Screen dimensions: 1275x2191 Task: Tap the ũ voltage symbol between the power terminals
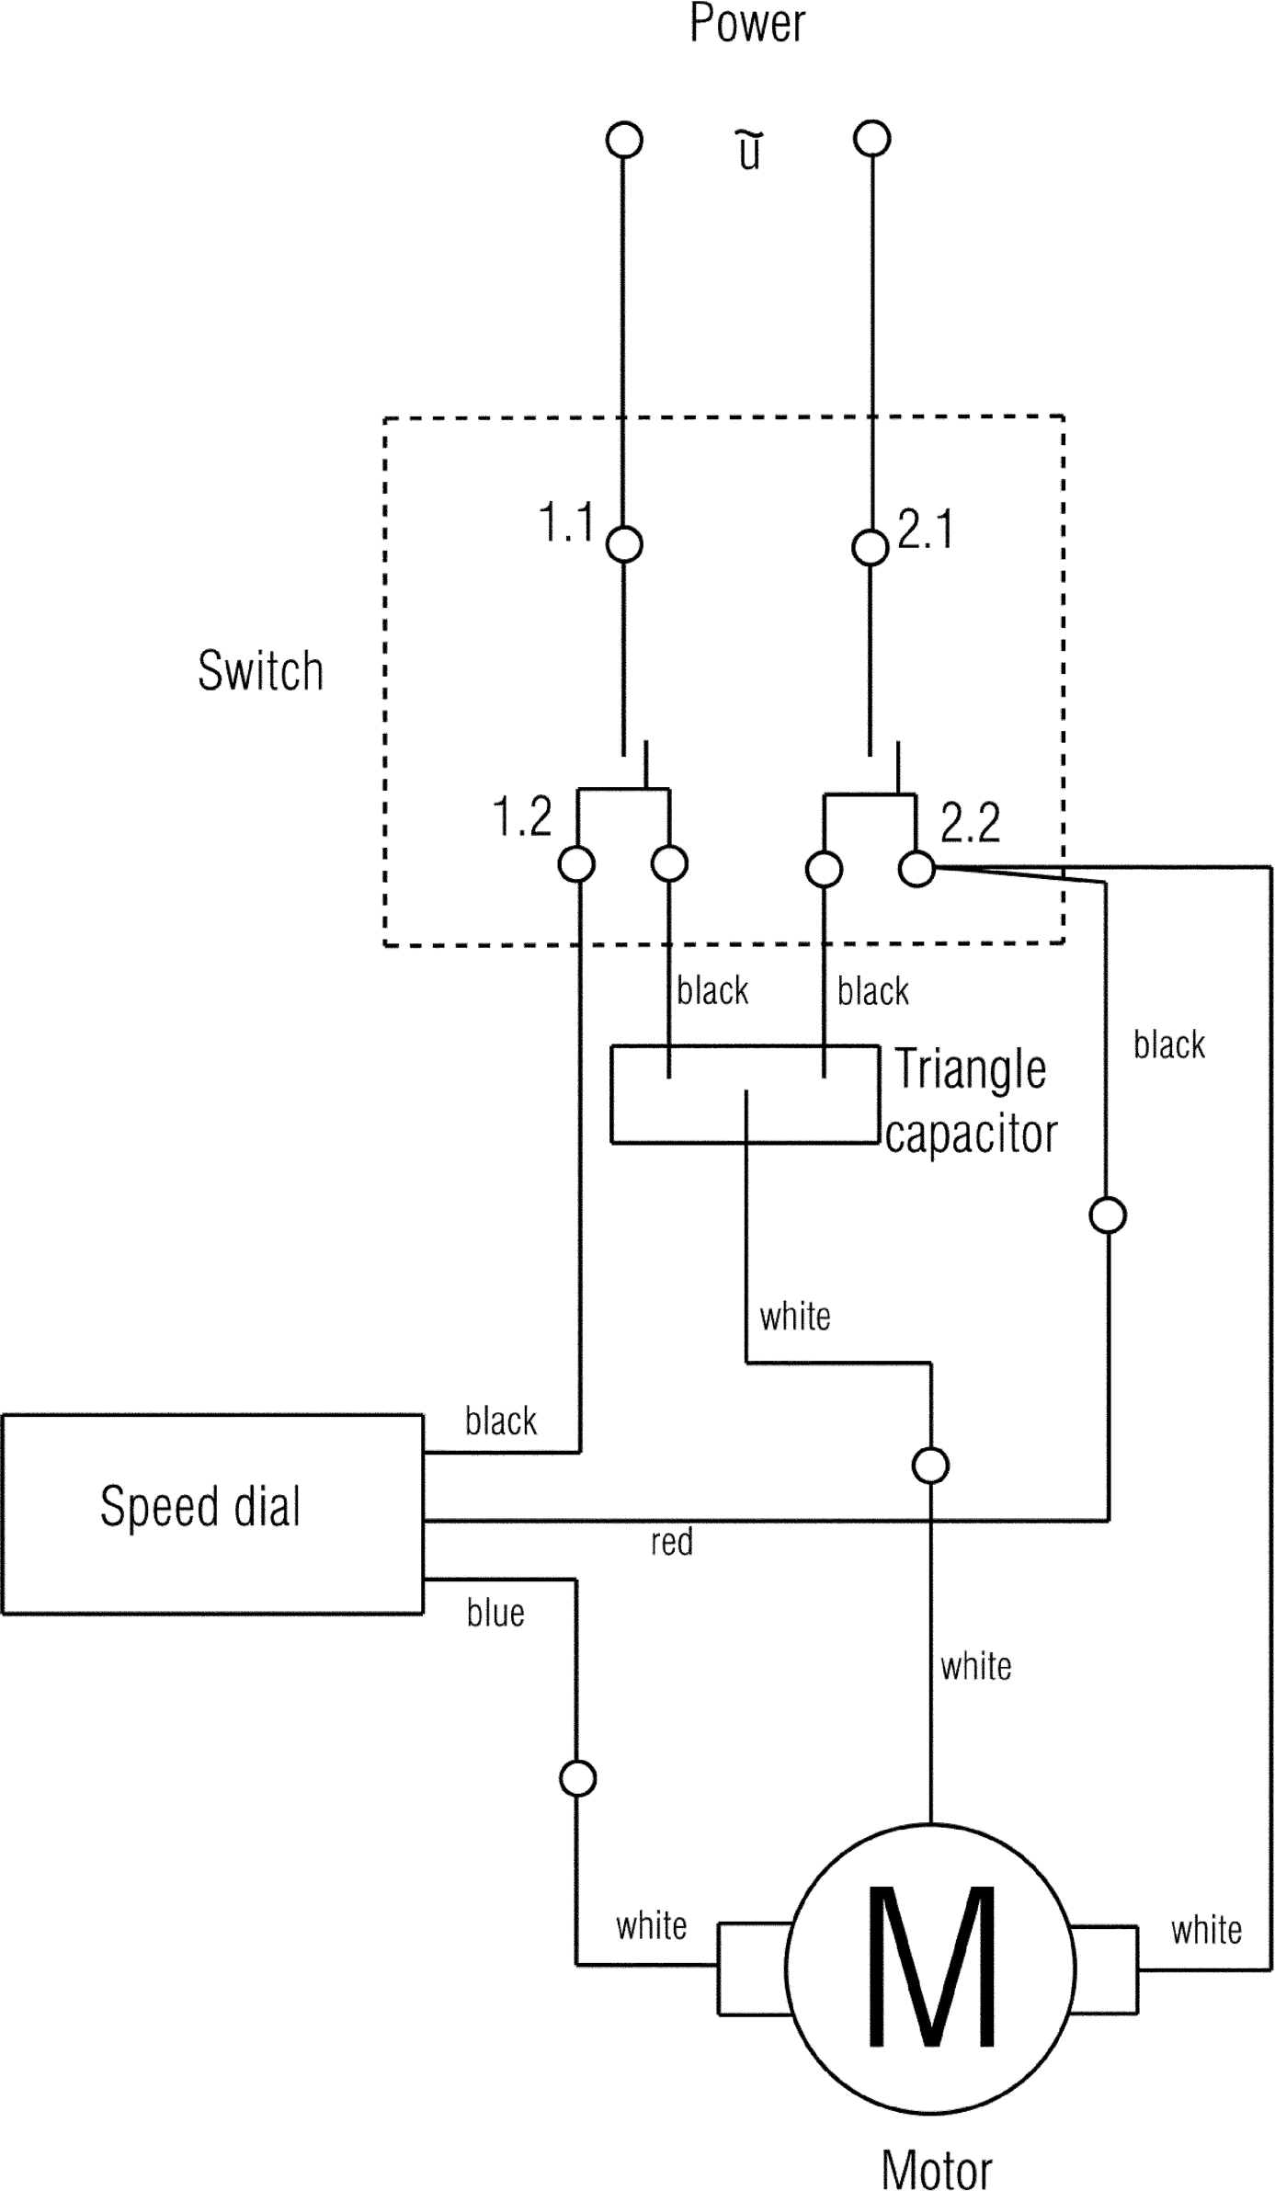coord(750,151)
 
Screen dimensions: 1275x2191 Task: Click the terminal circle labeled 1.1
coord(624,544)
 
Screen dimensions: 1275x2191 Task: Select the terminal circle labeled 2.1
coord(870,548)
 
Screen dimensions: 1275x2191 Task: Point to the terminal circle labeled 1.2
coord(577,864)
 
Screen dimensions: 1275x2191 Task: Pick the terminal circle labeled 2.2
coord(916,868)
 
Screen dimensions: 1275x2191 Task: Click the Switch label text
coord(261,670)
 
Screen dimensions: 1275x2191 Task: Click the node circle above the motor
coord(930,1466)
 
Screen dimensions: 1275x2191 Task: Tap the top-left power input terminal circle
coord(624,140)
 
